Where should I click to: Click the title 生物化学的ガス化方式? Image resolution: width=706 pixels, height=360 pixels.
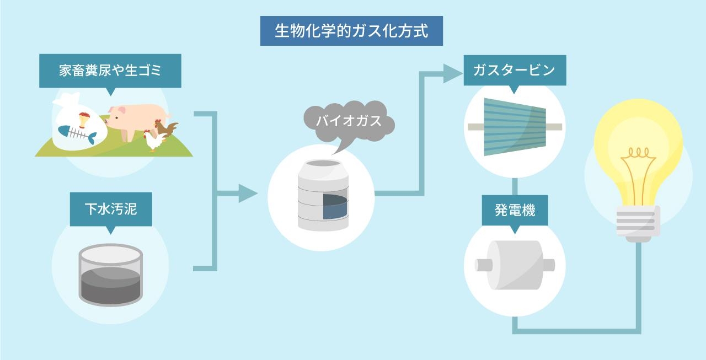[351, 31]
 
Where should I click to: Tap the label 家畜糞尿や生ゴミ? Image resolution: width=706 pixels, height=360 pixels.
[110, 71]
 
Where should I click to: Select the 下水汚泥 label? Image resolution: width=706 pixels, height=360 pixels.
[111, 209]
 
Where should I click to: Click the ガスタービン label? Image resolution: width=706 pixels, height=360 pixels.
[514, 71]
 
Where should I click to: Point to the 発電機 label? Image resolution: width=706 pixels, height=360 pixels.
[515, 211]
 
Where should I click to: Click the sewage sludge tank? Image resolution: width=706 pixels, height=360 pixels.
[111, 275]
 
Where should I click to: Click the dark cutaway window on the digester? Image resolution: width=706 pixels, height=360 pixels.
[334, 207]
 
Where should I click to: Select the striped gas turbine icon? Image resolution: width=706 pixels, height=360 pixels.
[514, 127]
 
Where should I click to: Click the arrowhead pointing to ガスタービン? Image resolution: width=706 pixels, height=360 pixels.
[452, 74]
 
